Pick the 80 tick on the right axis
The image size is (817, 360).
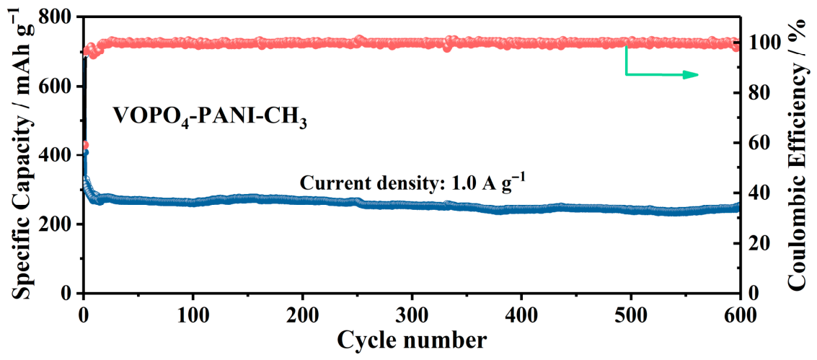click(757, 93)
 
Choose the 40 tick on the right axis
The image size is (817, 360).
click(757, 193)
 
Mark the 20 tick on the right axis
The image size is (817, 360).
click(757, 243)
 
